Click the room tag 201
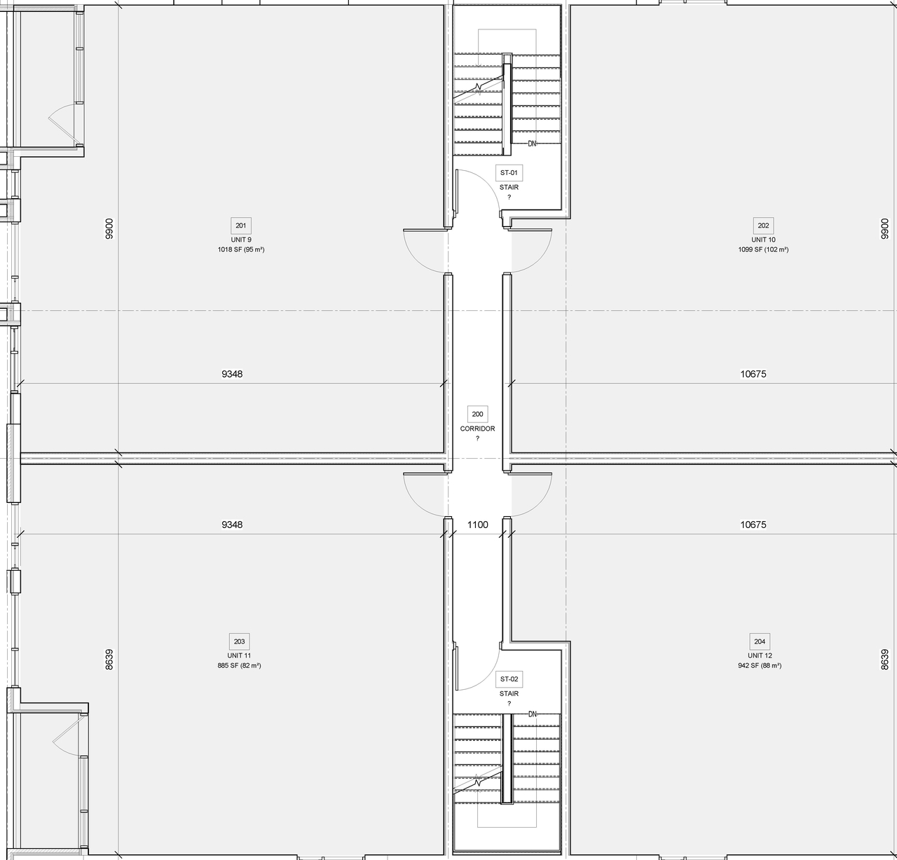pos(240,226)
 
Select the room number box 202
pos(763,226)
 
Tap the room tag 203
pos(239,641)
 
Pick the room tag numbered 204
pos(760,641)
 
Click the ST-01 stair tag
pos(509,172)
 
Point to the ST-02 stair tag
pos(509,679)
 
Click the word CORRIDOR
pos(477,429)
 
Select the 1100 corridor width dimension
pos(477,525)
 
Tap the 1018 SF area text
pos(240,249)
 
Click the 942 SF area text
pos(760,665)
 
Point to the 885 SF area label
pos(239,665)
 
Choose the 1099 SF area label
pos(763,249)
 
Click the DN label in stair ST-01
pos(532,144)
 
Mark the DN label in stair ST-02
pos(532,714)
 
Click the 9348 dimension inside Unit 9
pos(232,374)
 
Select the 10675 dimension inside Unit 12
pos(753,525)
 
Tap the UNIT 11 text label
pos(239,656)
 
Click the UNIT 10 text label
pos(763,240)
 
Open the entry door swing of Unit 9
pos(425,250)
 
